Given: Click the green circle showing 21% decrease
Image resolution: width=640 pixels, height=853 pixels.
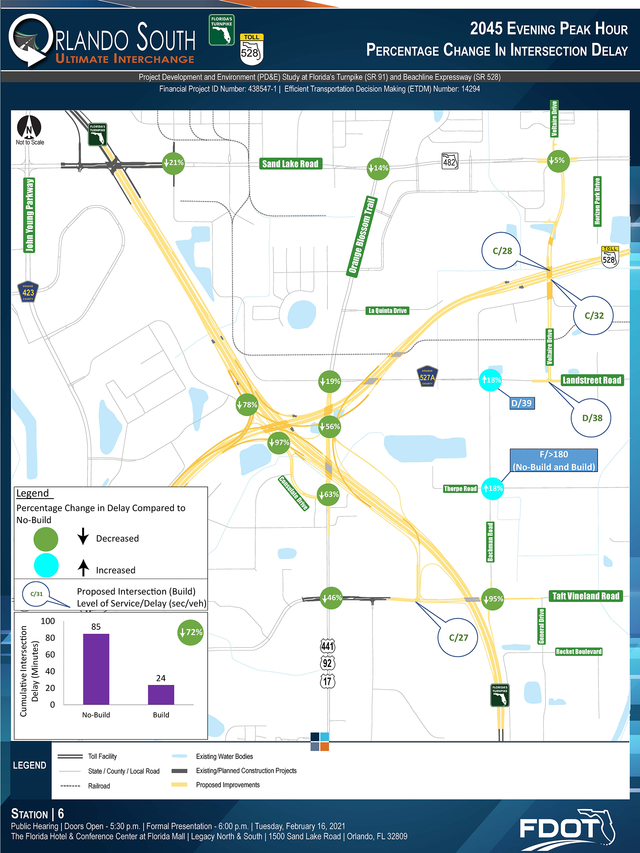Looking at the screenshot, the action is pos(173,163).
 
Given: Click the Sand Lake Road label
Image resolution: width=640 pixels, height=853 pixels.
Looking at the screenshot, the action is pos(290,164).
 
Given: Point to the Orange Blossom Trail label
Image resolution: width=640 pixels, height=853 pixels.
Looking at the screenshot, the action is pos(362,236).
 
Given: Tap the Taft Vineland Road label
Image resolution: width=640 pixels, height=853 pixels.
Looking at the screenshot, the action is pos(586,596).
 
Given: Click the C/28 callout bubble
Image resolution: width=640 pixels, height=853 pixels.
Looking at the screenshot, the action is pos(501,251).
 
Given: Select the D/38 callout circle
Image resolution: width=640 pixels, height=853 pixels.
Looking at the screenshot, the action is pos(591,418).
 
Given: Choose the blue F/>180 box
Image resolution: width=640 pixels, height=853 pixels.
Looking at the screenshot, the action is pos(554,460).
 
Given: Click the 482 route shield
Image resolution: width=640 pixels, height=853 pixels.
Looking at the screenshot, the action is pos(450,161).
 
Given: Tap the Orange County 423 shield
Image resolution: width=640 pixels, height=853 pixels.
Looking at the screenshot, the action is pos(28,292).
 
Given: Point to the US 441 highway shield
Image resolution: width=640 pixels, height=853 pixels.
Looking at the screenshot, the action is pos(327,645).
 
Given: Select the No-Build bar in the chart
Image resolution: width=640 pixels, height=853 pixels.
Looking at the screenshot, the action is pos(96,669).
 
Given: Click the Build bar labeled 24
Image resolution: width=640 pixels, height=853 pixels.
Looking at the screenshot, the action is pos(161,694).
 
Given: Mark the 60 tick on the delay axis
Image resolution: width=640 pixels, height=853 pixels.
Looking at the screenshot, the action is pos(50,654).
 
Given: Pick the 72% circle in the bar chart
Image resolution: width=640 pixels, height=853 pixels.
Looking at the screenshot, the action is pos(191,632).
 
